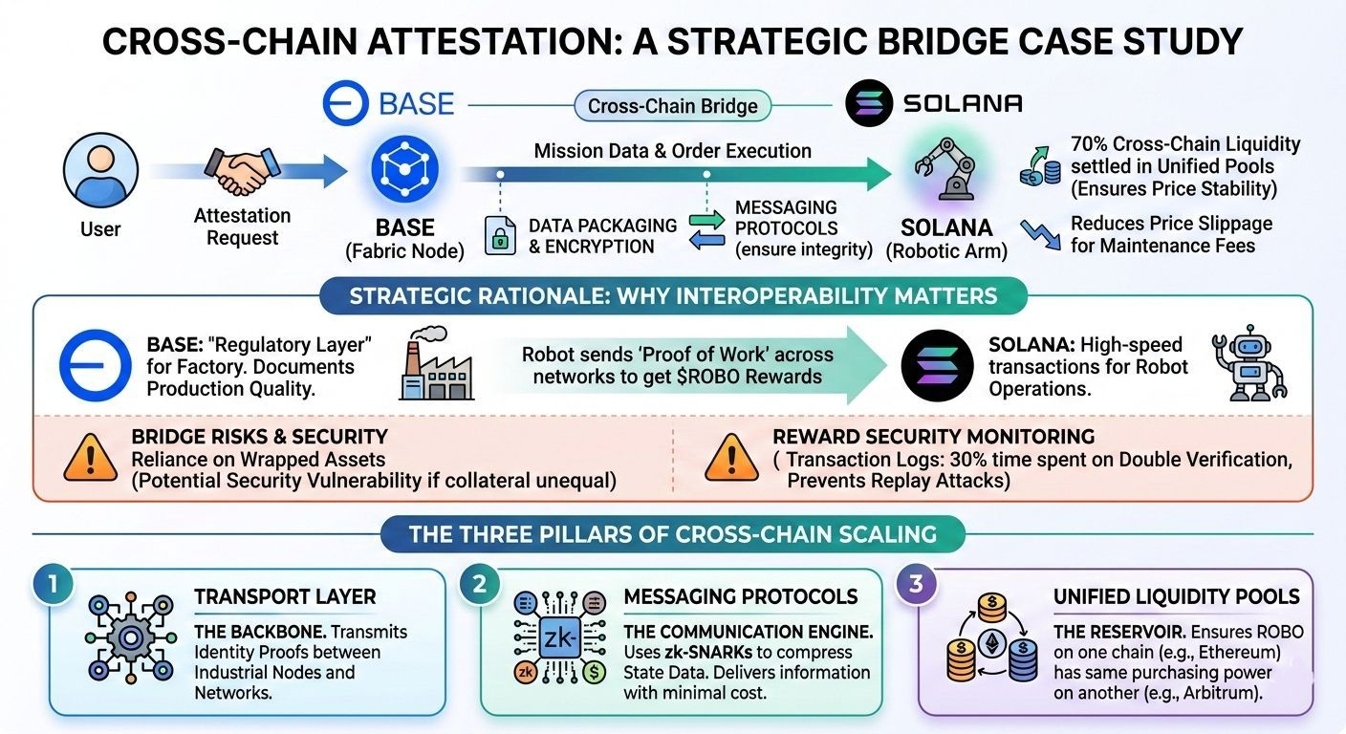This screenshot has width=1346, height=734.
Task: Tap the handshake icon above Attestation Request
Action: (242, 173)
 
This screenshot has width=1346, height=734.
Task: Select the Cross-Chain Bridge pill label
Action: (672, 106)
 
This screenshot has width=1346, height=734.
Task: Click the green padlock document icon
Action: (499, 235)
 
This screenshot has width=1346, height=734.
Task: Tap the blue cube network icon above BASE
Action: (404, 170)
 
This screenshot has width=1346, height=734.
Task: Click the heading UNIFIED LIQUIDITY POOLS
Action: (1176, 597)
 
